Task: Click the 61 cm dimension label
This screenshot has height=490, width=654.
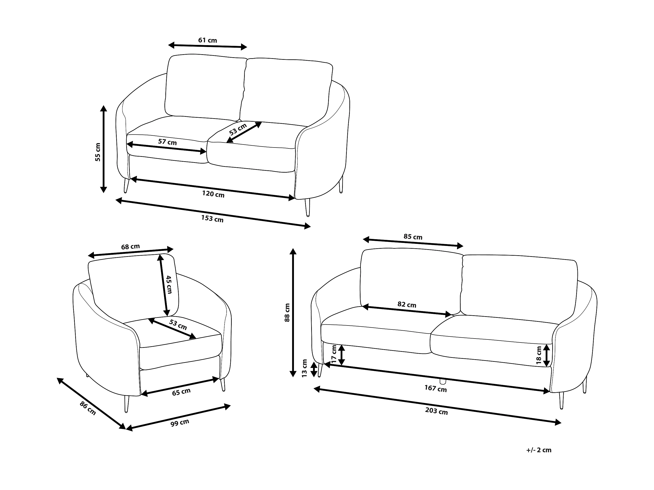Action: [208, 40]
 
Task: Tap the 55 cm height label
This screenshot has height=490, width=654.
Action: [98, 152]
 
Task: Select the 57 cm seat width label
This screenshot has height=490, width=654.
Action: [167, 142]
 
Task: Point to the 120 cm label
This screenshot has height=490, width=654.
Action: [213, 194]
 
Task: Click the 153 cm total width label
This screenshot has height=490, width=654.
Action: [212, 218]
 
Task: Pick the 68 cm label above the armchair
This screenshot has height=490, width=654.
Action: [130, 246]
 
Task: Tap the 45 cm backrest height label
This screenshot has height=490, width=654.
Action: [169, 284]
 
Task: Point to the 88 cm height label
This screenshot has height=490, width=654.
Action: [287, 312]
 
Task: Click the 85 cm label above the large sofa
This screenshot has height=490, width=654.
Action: [413, 237]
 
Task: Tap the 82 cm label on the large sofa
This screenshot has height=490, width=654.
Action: [407, 305]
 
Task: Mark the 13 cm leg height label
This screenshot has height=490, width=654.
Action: [305, 368]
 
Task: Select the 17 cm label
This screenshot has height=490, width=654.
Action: [334, 354]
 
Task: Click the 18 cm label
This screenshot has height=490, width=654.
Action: [539, 355]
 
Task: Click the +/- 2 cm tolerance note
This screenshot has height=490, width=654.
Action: [539, 450]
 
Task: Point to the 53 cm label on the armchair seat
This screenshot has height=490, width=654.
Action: [178, 325]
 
